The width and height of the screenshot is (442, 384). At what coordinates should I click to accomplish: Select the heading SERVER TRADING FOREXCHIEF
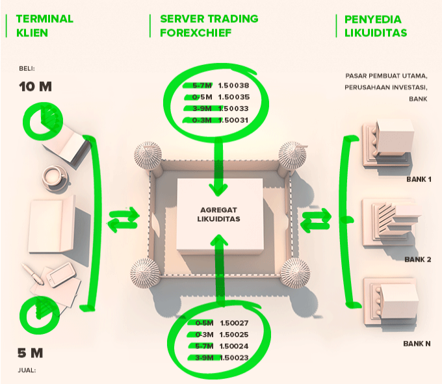click(x=209, y=25)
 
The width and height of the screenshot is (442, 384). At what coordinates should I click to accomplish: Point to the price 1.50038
click(x=234, y=85)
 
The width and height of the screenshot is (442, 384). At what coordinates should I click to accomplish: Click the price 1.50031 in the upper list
click(x=234, y=120)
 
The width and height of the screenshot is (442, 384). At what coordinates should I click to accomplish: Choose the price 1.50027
click(x=235, y=322)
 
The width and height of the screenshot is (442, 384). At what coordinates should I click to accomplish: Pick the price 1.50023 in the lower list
click(x=235, y=357)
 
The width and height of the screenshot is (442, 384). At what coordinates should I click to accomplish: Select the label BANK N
click(x=418, y=342)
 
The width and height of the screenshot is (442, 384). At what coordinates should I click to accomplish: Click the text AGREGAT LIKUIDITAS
click(x=218, y=214)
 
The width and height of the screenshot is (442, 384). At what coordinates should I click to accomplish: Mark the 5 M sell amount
click(x=31, y=353)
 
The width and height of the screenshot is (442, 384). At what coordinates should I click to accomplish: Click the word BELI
click(x=27, y=68)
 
